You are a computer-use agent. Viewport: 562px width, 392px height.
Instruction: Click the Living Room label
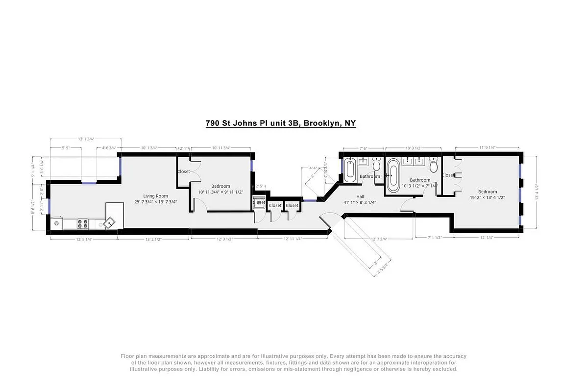coord(156,196)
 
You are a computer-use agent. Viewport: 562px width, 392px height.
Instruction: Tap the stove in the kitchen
coord(82,224)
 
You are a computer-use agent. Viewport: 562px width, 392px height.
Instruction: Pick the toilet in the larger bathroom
coord(434,165)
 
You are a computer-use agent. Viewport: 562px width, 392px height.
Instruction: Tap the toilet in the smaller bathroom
coord(376,165)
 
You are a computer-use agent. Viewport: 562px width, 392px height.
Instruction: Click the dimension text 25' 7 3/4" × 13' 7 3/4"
coord(156,202)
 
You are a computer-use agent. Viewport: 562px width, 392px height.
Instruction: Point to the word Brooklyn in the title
coord(320,123)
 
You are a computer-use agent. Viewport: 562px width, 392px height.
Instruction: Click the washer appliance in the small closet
coord(259,202)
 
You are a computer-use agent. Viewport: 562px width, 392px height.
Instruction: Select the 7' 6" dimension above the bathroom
coord(363,148)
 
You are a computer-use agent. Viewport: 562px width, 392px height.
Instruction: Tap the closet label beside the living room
coord(184,171)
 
